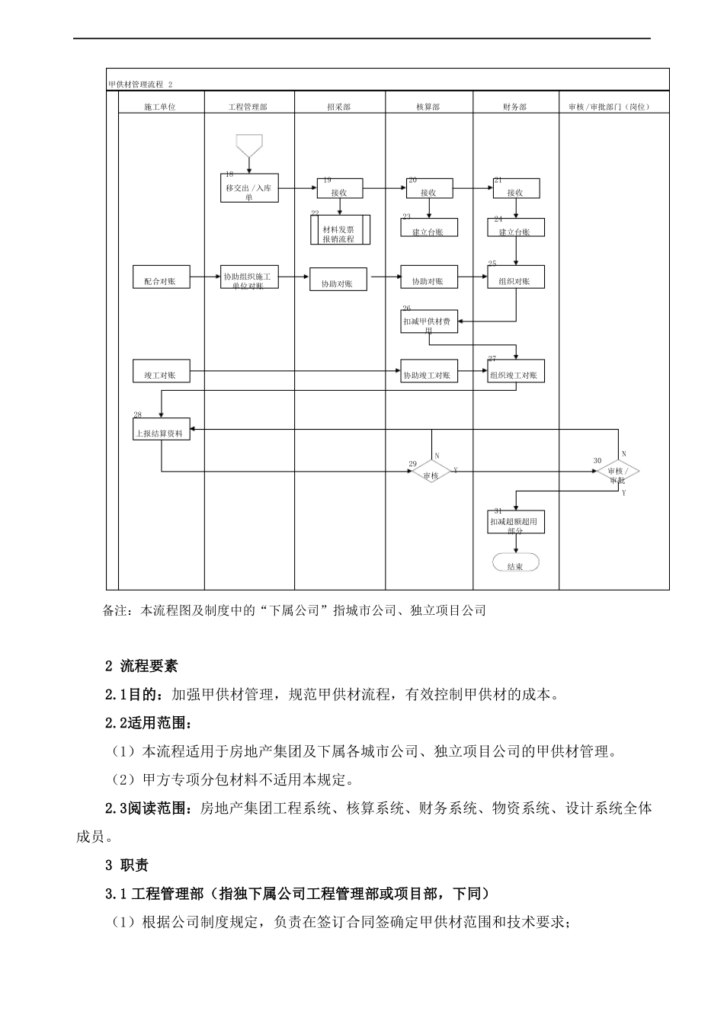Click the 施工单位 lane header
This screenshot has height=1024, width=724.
[160, 107]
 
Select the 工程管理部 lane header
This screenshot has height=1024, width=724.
[248, 107]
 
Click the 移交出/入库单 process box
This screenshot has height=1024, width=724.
[249, 190]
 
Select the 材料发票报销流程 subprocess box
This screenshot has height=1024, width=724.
[340, 230]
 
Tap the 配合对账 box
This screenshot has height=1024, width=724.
[161, 278]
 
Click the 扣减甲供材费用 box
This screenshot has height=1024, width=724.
[429, 322]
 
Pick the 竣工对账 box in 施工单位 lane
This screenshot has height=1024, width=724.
[161, 372]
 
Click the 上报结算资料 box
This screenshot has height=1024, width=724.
[161, 430]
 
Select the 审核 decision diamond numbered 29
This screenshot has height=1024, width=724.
[431, 472]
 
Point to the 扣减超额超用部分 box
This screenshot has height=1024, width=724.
[516, 522]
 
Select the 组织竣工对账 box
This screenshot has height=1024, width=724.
[516, 372]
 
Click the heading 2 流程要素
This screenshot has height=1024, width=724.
[142, 665]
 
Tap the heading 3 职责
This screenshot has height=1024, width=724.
[127, 865]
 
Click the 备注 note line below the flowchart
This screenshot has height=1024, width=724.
[293, 610]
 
